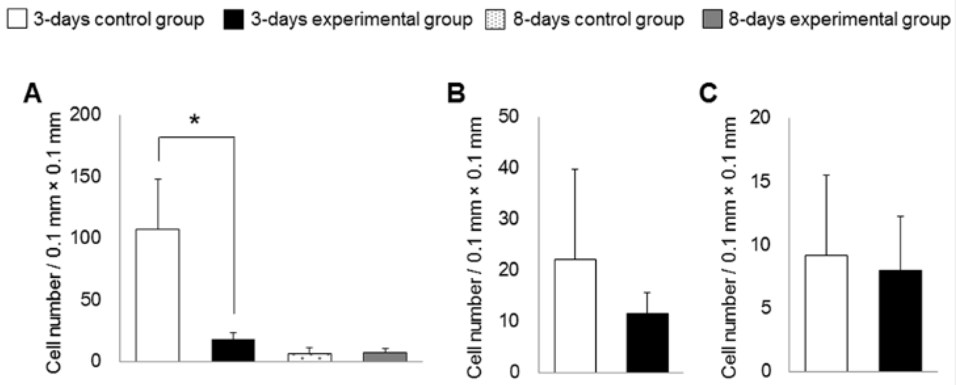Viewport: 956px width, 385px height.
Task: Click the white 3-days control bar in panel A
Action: coord(158,295)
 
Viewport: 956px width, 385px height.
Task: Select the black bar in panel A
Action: coord(233,350)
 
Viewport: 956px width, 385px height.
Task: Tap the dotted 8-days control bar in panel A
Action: coord(309,357)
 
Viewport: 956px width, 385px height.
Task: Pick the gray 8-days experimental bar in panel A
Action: coord(385,356)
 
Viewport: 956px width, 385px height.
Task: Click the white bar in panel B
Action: coord(575,315)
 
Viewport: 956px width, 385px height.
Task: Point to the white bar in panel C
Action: coord(826,313)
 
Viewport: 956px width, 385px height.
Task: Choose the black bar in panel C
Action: coord(900,320)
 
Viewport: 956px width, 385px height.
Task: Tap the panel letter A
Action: coord(32,94)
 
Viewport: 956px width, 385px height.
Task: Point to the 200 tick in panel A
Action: coord(85,114)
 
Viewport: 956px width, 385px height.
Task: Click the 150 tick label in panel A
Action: coord(85,176)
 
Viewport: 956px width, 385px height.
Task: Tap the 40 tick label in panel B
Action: coord(508,167)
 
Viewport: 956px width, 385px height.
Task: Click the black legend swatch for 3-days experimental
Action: coord(233,19)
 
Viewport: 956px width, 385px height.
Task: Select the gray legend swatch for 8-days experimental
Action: coord(712,19)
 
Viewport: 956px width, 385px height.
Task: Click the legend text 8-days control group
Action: coord(598,19)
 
